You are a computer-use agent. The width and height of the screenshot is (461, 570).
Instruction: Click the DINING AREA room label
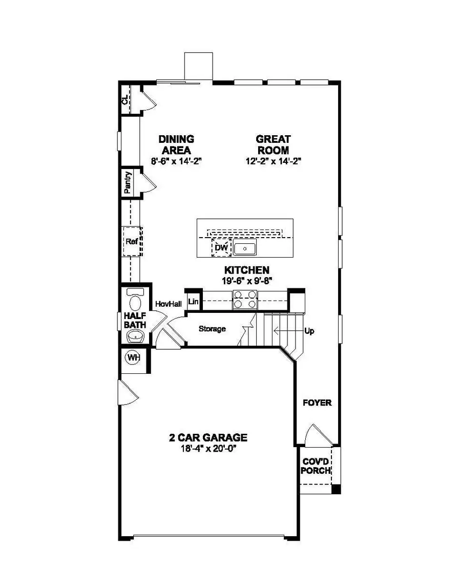176,144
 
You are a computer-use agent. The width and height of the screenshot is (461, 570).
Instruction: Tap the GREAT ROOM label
273,144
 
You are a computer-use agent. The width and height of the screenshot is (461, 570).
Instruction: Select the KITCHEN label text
246,269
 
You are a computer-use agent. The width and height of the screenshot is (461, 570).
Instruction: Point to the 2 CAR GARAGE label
208,438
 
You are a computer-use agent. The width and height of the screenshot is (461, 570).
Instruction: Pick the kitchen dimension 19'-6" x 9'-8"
246,280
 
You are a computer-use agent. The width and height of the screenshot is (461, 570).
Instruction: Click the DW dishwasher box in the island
221,248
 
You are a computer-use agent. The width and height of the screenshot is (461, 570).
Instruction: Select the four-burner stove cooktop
244,300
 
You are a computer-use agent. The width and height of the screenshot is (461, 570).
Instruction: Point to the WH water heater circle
133,358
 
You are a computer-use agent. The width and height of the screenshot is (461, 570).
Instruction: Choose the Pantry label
128,183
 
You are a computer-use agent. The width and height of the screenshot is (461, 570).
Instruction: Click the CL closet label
125,100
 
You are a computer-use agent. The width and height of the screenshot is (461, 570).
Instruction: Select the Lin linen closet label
194,302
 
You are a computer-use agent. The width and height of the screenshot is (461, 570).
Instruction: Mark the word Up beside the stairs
309,331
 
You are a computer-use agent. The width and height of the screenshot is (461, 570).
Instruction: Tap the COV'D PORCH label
316,466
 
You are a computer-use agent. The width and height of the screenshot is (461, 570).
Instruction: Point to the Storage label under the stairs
212,329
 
